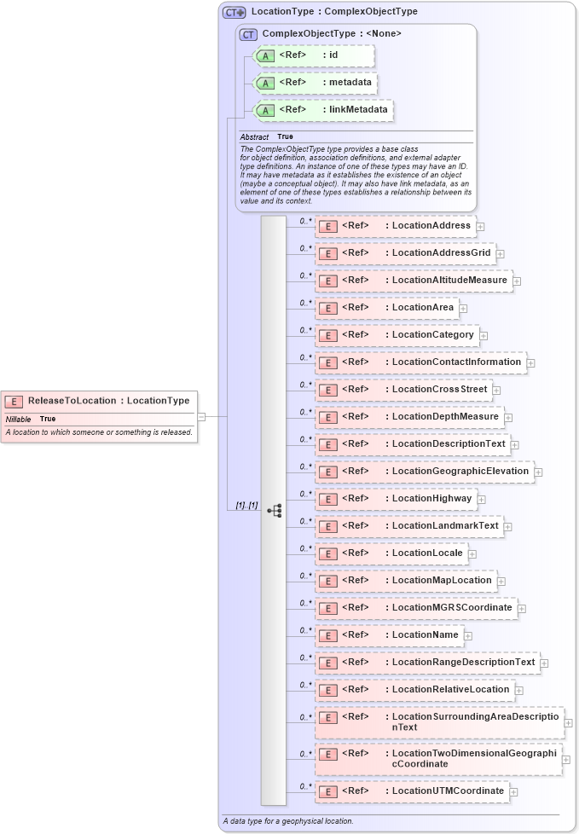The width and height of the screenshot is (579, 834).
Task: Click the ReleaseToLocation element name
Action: (x=72, y=401)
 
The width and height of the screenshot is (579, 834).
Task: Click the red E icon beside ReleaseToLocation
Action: (x=14, y=402)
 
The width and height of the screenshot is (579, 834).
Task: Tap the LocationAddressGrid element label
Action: (x=441, y=253)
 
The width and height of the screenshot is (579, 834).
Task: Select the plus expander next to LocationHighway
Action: (x=481, y=499)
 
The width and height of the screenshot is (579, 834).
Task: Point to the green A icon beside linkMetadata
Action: (x=265, y=110)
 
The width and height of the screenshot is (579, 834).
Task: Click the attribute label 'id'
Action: (x=333, y=55)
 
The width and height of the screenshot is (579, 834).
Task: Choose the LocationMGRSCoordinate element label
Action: (x=452, y=607)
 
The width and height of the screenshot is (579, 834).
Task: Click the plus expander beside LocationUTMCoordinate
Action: (x=513, y=791)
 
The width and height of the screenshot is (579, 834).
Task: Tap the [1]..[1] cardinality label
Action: (x=246, y=506)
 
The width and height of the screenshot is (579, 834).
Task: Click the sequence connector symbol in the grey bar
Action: (x=274, y=511)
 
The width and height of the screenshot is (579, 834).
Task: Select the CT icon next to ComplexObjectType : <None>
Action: (x=249, y=34)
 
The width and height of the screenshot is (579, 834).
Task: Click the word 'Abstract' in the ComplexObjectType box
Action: (x=254, y=136)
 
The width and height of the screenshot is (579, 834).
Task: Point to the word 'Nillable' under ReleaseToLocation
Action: (x=18, y=419)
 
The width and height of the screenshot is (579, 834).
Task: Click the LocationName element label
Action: (x=425, y=634)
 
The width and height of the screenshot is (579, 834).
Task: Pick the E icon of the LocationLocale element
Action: (x=327, y=553)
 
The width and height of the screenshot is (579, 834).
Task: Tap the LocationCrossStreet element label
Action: (x=439, y=390)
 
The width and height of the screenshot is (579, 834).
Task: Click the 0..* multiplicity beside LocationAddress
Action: (x=304, y=221)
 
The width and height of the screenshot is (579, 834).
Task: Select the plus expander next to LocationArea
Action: (x=463, y=308)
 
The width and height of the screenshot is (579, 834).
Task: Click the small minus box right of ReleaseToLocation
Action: (x=201, y=416)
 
